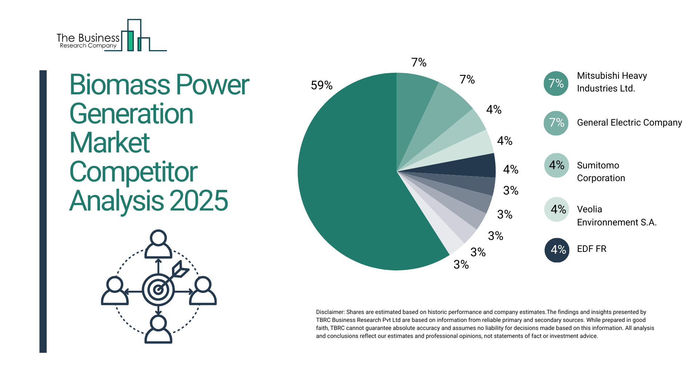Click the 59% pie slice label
[321, 85]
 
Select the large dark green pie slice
[349, 181]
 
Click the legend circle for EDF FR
[557, 250]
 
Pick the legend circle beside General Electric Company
[556, 123]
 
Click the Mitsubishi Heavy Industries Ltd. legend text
[611, 82]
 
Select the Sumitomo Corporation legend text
[601, 172]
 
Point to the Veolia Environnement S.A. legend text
[616, 216]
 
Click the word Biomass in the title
[120, 85]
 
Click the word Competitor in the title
[133, 172]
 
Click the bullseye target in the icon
[158, 290]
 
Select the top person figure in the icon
[158, 244]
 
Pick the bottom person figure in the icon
[158, 329]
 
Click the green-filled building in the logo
[130, 41]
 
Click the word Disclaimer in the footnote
[330, 312]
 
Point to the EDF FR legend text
[591, 249]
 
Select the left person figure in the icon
[115, 290]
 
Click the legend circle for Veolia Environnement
[557, 209]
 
